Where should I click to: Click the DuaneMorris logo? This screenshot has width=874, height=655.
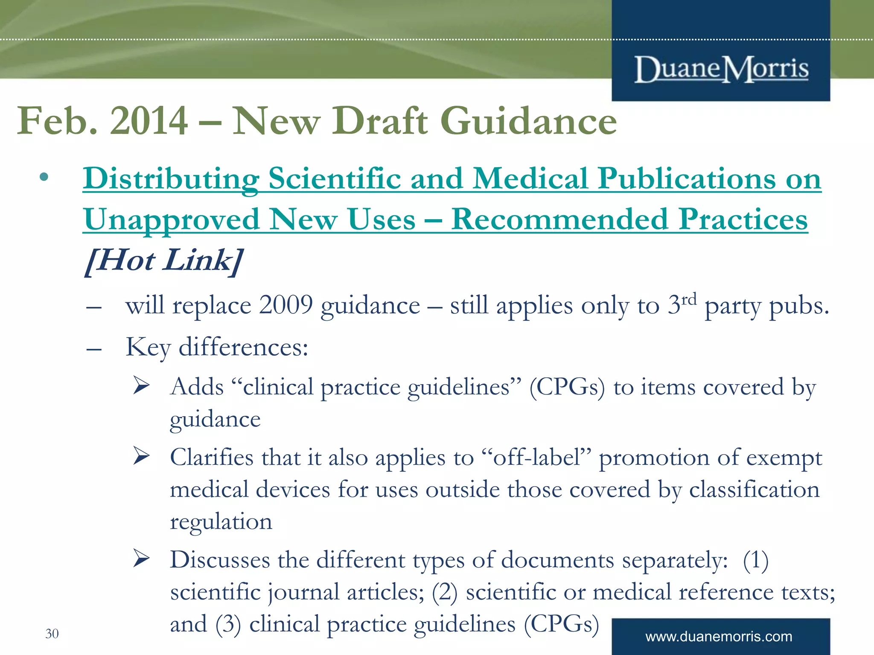pyautogui.click(x=721, y=69)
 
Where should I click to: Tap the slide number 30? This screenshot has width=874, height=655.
pyautogui.click(x=52, y=634)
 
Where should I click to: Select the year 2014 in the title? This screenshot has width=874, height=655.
pyautogui.click(x=149, y=121)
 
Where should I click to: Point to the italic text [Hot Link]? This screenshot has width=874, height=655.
pyautogui.click(x=164, y=261)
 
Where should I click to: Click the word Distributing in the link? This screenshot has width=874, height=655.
pyautogui.click(x=171, y=179)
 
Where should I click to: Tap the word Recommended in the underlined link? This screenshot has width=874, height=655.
pyautogui.click(x=559, y=220)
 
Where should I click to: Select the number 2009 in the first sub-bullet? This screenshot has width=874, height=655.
pyautogui.click(x=286, y=305)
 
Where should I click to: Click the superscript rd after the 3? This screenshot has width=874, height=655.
pyautogui.click(x=689, y=299)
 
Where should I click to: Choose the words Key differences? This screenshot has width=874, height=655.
pyautogui.click(x=217, y=347)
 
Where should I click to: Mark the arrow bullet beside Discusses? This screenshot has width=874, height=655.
pyautogui.click(x=141, y=558)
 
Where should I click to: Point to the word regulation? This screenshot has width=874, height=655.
pyautogui.click(x=221, y=522)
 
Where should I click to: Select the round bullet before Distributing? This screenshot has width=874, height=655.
pyautogui.click(x=44, y=177)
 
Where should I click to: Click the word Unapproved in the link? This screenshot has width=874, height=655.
pyautogui.click(x=171, y=220)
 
